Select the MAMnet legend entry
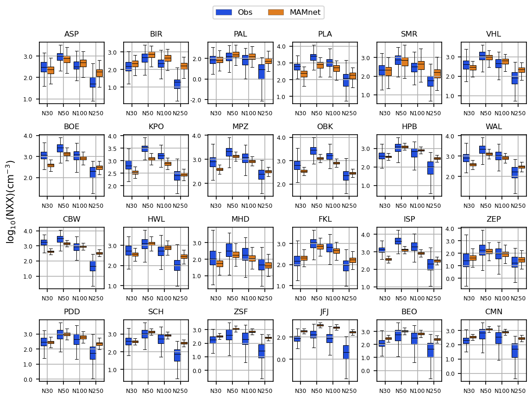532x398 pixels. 294,12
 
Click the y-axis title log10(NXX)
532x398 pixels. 11,201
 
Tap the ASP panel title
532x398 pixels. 71,34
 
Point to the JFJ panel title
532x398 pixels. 325,311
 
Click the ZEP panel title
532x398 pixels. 494,219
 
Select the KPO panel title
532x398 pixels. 156,126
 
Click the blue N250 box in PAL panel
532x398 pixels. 262,71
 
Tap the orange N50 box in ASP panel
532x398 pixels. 67,59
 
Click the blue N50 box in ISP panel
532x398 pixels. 398,241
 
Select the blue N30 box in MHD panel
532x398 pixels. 213,258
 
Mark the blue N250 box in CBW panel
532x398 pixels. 93,266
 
